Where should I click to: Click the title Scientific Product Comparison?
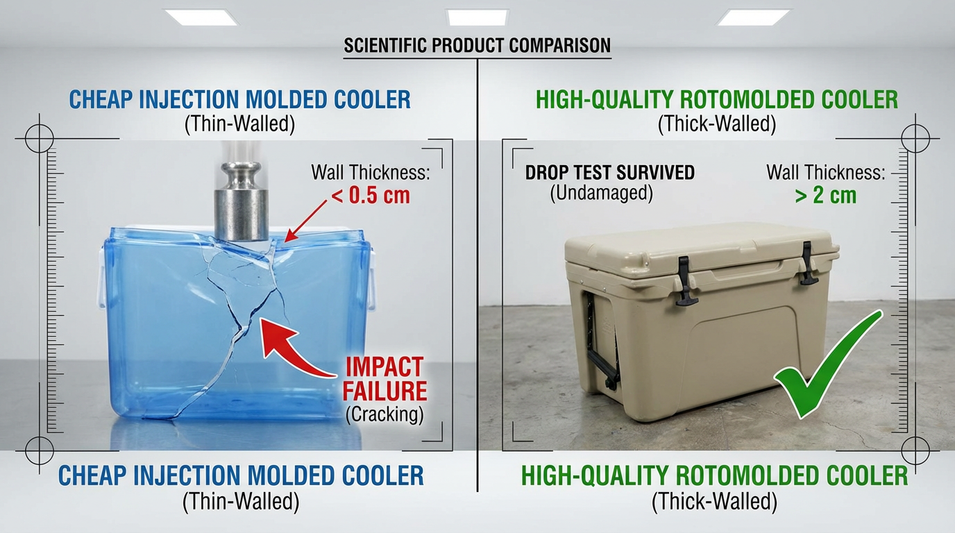tap(477, 46)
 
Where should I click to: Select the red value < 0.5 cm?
tap(371, 195)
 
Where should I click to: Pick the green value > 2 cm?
tap(825, 195)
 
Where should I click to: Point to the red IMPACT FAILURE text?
tap(384, 378)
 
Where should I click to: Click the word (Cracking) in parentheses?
tap(384, 414)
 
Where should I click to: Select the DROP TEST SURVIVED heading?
tap(609, 172)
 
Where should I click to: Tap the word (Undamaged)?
tap(601, 194)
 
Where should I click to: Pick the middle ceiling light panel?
tap(477, 17)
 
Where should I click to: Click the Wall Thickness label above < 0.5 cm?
tap(370, 172)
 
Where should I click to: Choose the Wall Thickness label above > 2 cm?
tap(825, 172)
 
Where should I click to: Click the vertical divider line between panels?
tap(477, 278)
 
